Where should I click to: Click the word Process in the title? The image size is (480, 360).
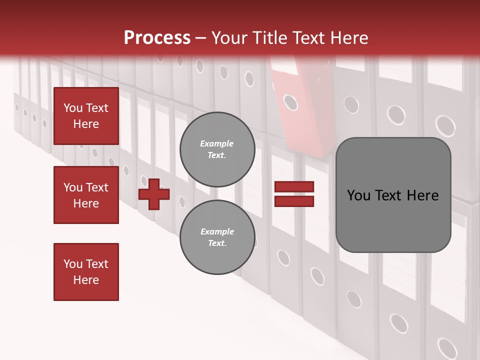pos(157,37)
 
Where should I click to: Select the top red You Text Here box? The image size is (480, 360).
pos(86,116)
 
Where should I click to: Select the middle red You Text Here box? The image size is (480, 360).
pos(86,195)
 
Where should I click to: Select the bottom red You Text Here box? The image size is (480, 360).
pos(86,271)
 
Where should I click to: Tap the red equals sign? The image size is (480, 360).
pos(294,194)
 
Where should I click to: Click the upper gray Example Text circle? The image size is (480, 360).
pos(217,149)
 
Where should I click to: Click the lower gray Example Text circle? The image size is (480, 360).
pos(217,237)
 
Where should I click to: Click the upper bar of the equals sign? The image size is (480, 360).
pos(294,186)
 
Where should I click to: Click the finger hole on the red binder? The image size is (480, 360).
pos(290,102)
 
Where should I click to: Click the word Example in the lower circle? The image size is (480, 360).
pos(217,231)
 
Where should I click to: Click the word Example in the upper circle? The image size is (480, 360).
pos(217,143)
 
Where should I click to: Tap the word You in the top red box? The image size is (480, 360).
pos(73,108)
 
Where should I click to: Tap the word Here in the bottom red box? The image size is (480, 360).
pos(86,280)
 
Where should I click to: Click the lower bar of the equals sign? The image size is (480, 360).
pos(294,201)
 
